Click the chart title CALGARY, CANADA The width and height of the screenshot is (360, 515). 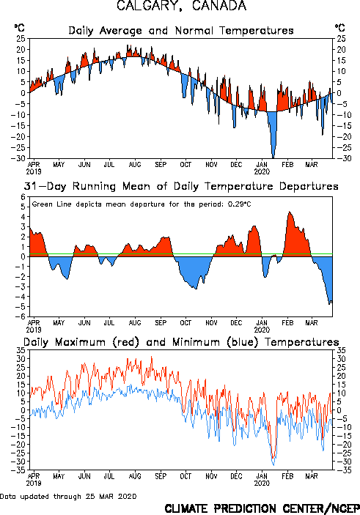(181, 6)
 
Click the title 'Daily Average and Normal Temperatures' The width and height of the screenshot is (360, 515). (181, 31)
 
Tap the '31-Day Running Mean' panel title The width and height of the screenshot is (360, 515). (181, 186)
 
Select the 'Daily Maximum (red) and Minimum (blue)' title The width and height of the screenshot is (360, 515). (181, 342)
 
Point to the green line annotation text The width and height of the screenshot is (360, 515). (142, 204)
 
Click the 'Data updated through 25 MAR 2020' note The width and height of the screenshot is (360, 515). (68, 496)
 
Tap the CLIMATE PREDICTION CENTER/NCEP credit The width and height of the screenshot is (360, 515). (262, 508)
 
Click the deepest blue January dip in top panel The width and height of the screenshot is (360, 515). (273, 156)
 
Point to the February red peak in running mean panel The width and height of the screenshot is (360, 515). (290, 212)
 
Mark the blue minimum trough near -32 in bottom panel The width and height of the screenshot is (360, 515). (273, 465)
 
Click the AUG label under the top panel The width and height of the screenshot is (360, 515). (135, 164)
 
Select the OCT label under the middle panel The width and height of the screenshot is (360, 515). (185, 322)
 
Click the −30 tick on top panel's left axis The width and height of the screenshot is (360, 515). (18, 158)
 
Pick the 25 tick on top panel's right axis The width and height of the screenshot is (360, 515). (341, 39)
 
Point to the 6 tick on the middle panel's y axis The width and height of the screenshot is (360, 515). (23, 197)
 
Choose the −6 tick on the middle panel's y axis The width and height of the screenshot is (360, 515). (21, 316)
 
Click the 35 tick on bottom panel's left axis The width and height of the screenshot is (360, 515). (21, 350)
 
